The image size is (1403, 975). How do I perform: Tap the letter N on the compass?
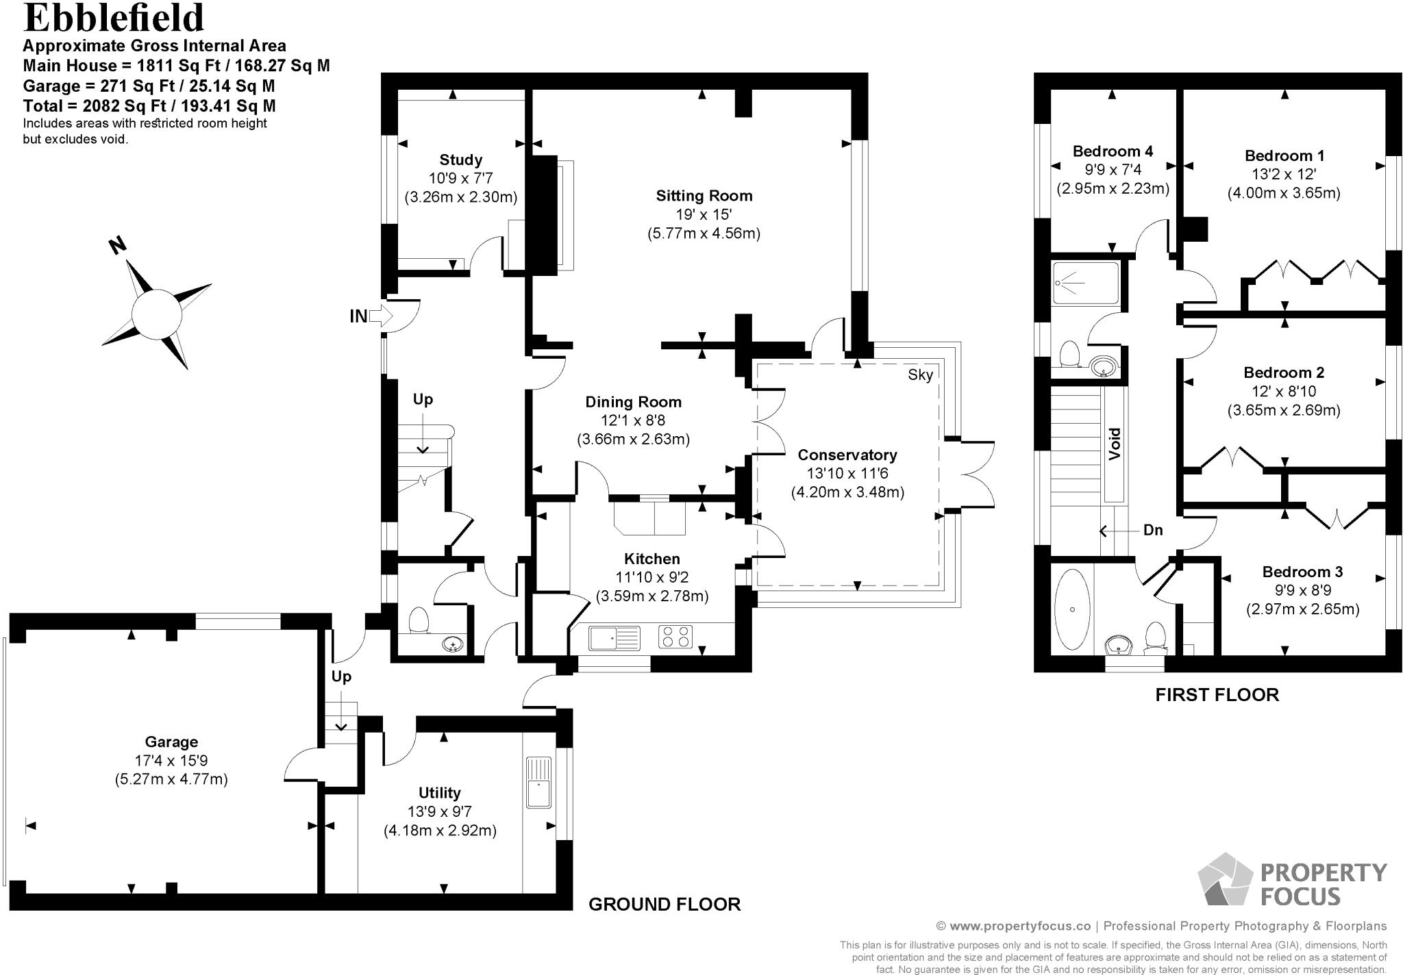tap(118, 246)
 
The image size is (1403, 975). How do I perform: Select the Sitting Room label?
tap(704, 196)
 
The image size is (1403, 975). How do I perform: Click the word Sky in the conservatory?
tap(920, 375)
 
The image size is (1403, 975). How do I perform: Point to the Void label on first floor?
tap(1115, 443)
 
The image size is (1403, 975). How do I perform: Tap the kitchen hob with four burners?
tap(675, 637)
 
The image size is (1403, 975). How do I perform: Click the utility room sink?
tap(539, 782)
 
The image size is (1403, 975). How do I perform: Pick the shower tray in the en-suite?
tap(1085, 283)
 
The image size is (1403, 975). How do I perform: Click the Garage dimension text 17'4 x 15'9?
tap(171, 760)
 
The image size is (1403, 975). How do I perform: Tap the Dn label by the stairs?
tap(1153, 530)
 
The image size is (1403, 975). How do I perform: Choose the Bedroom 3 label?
tap(1302, 572)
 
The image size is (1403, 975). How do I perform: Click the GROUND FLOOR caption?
tap(665, 904)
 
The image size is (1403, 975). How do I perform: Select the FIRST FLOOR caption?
tap(1217, 695)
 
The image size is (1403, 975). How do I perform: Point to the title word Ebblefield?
tap(114, 18)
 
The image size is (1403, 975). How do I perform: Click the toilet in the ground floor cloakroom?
tap(418, 621)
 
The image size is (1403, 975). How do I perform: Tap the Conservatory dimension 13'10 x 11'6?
tap(847, 473)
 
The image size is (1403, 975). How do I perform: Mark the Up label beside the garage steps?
tap(341, 676)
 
